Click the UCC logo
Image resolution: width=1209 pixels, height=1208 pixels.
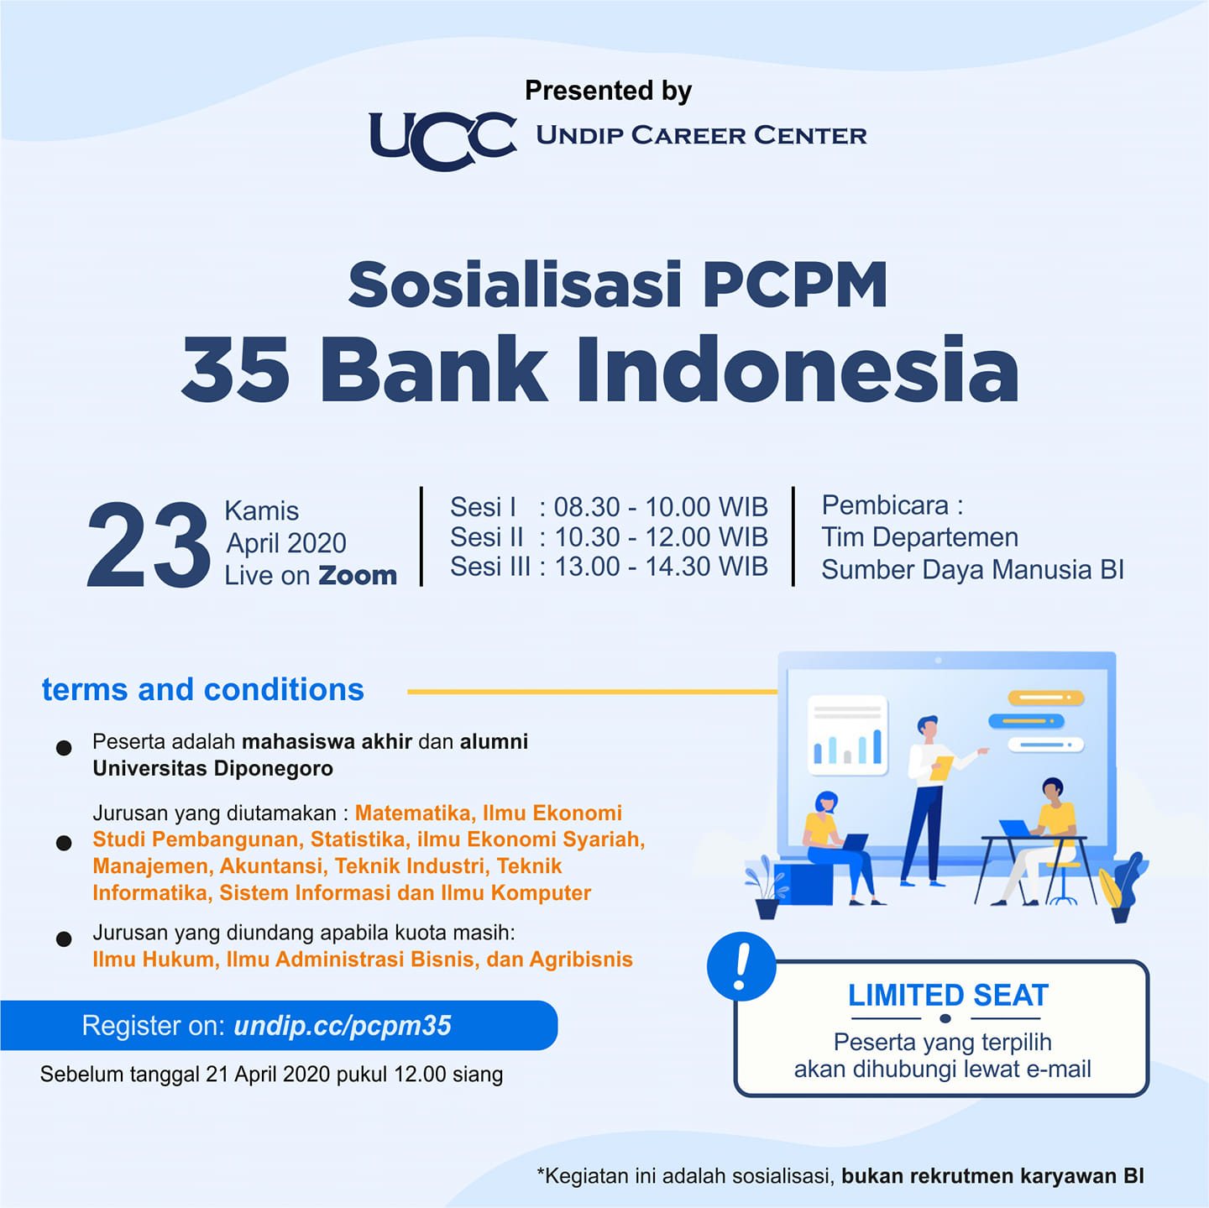(443, 140)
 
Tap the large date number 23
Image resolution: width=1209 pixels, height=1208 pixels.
(148, 545)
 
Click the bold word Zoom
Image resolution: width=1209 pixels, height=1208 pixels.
(358, 575)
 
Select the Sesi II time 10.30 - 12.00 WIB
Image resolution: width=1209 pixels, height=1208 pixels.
(661, 537)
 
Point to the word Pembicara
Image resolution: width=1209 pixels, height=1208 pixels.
(885, 505)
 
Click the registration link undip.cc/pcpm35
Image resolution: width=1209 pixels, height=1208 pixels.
(343, 1025)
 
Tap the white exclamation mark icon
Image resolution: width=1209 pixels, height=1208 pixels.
(741, 966)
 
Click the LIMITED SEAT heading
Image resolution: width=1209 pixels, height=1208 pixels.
(948, 996)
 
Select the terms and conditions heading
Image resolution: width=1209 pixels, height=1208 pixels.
(202, 690)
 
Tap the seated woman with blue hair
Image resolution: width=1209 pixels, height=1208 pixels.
(840, 847)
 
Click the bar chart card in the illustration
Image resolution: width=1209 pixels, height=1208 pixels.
(848, 735)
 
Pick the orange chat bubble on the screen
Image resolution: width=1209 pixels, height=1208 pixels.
(1046, 698)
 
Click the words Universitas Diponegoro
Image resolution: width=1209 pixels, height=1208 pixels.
(212, 768)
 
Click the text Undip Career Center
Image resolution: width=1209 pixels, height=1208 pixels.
(701, 135)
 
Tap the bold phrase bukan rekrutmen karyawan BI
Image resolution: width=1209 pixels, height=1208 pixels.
(992, 1175)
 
